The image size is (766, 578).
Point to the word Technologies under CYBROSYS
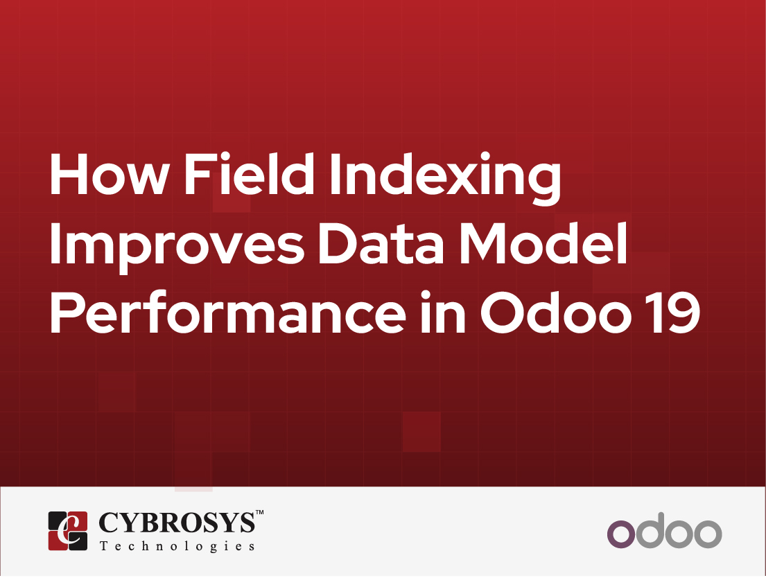pos(177,546)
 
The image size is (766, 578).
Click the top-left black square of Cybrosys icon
pos(58,520)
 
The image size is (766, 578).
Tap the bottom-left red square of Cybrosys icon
pos(58,541)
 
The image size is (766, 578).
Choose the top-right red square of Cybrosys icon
pos(78,520)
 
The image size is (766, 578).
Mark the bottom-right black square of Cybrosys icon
pos(78,541)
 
